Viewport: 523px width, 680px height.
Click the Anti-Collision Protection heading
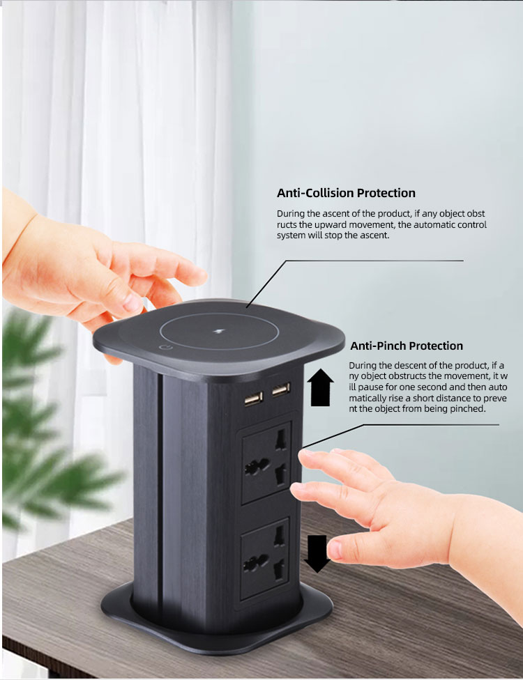click(x=346, y=193)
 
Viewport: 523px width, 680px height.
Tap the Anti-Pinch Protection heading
click(x=407, y=346)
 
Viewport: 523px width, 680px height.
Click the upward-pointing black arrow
click(x=320, y=387)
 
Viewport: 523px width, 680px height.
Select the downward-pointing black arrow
click(x=317, y=554)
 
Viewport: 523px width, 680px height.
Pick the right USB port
click(x=281, y=389)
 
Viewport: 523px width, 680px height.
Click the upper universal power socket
click(x=266, y=463)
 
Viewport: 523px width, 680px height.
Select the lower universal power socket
click(x=265, y=559)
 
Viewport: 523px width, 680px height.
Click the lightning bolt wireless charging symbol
click(x=218, y=332)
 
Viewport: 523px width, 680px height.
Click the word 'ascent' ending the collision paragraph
click(x=375, y=235)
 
